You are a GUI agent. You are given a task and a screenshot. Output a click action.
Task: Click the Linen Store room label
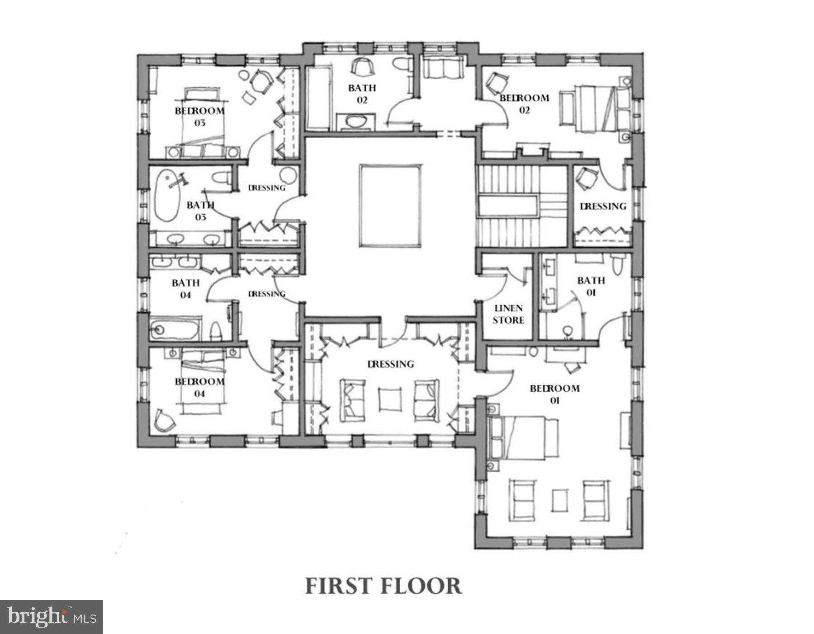tap(508, 314)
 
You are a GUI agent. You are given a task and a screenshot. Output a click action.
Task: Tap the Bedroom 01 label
tap(554, 394)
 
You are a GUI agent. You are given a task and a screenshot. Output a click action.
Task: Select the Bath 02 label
tap(362, 94)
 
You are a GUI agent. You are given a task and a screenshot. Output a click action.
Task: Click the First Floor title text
tap(383, 586)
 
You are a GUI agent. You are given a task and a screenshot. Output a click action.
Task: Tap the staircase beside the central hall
tap(520, 206)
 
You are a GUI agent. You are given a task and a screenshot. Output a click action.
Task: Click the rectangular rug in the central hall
tap(391, 206)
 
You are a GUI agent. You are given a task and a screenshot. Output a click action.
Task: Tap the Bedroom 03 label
tap(199, 116)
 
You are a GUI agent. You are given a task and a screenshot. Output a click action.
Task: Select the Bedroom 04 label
tap(199, 387)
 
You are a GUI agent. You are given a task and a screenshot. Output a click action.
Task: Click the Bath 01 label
tap(591, 286)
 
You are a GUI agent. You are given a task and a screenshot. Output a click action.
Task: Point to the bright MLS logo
tap(52, 617)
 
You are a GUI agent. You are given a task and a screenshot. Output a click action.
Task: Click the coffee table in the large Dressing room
tap(390, 399)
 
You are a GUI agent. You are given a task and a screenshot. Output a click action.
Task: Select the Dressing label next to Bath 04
tap(267, 294)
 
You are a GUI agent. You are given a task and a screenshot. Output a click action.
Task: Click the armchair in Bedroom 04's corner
tap(164, 420)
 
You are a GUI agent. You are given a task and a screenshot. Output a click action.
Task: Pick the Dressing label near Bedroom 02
tap(603, 206)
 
